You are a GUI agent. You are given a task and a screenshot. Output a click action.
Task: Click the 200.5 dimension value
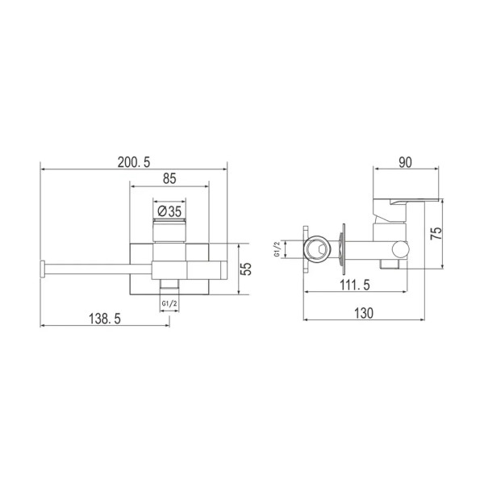pos(133,161)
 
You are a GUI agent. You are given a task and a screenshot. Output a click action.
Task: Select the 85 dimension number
pos(169,179)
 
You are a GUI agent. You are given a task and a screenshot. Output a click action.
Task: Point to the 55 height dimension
pos(247,268)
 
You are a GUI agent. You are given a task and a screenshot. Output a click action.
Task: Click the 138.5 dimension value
pos(104,319)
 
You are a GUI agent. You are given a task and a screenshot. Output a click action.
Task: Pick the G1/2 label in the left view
pos(169,302)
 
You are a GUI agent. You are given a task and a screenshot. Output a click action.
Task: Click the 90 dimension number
pos(405,161)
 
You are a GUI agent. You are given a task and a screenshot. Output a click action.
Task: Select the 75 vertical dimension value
pos(436,235)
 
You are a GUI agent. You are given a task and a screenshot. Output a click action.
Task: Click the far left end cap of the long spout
pos(42,268)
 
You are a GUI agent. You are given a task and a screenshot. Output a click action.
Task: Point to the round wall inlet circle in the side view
pos(319,248)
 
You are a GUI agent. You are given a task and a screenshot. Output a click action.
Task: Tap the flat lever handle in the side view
pos(411,199)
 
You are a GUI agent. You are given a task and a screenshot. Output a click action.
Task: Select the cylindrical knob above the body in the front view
pos(169,228)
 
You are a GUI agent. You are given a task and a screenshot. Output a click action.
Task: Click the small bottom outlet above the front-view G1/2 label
pos(169,286)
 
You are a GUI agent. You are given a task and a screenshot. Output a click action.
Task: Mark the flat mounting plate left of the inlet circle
pos(305,249)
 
